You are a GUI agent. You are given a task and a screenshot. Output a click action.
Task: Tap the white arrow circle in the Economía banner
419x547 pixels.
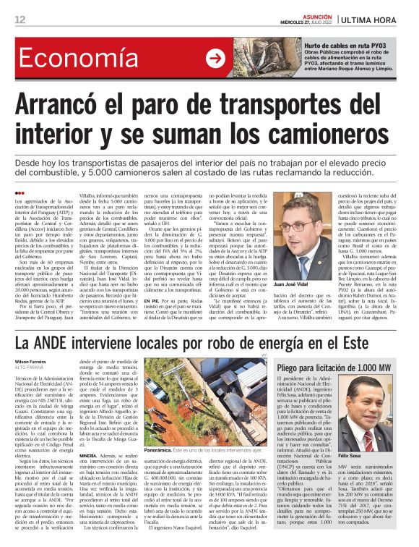coord(215,58)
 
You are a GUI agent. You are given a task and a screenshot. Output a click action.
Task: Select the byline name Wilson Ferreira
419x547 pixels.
coord(32,359)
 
